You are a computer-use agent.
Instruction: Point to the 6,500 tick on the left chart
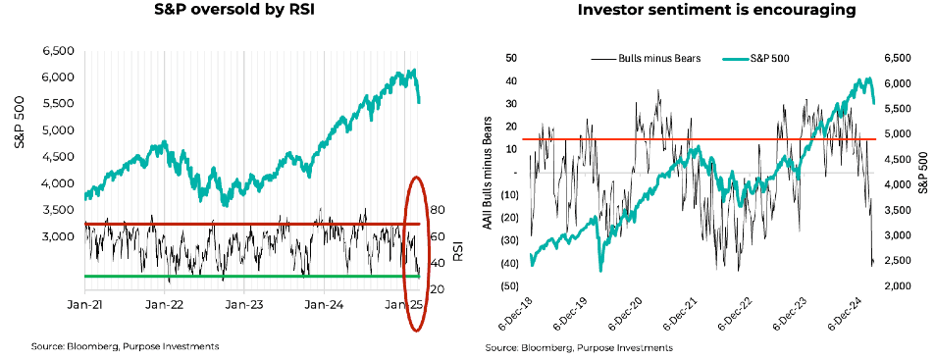58,50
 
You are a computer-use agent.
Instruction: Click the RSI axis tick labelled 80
437,210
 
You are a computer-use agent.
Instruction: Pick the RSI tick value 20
437,289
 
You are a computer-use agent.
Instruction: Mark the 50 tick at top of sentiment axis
510,59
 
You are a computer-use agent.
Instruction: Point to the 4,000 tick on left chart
58,183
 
